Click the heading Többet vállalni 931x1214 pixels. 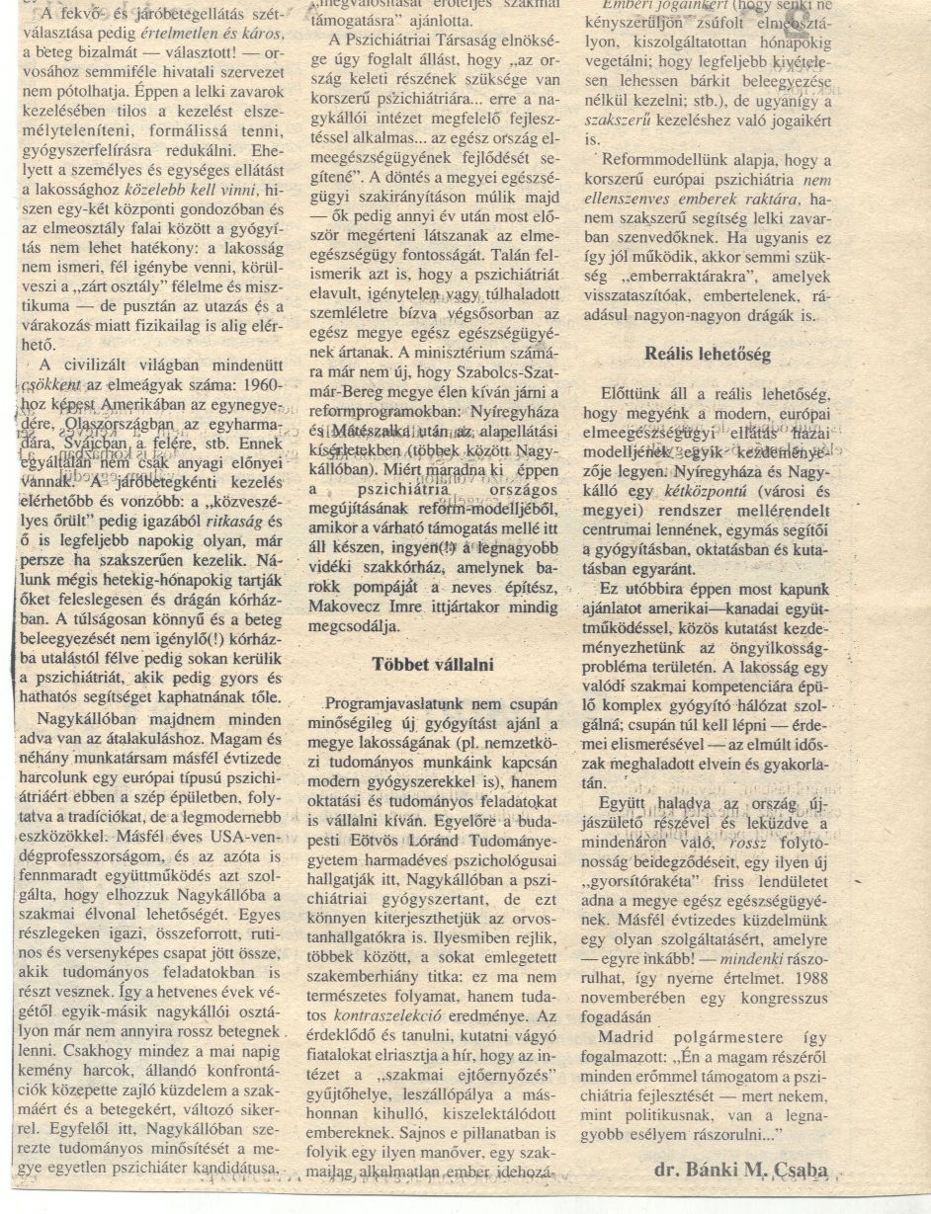pos(434,664)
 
